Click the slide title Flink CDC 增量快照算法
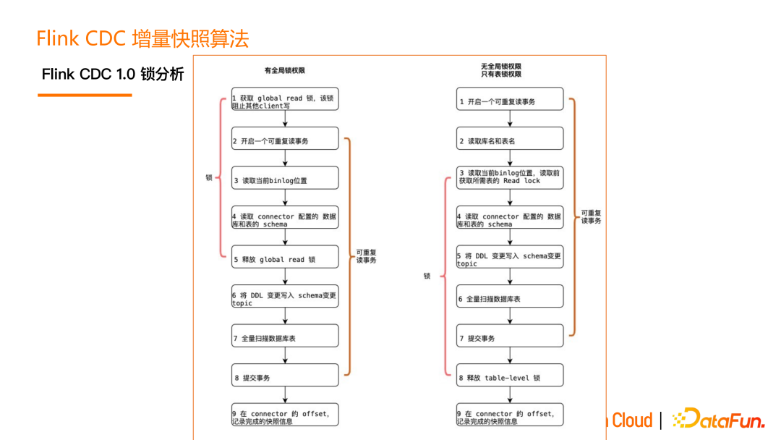(x=142, y=38)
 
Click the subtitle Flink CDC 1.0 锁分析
(x=113, y=74)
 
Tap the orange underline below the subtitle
(x=85, y=95)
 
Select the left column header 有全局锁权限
(x=284, y=70)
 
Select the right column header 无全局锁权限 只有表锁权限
(x=500, y=70)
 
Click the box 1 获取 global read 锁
(x=285, y=101)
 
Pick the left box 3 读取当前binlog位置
(x=285, y=180)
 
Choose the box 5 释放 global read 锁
(x=285, y=259)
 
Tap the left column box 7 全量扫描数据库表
(x=285, y=337)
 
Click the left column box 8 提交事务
(x=285, y=377)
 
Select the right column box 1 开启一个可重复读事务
(x=510, y=101)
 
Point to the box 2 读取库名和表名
(x=510, y=140)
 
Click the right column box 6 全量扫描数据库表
(x=510, y=298)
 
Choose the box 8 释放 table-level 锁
(x=510, y=377)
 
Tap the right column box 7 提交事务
(x=510, y=337)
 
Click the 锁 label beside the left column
(x=209, y=177)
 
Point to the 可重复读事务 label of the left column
(x=366, y=256)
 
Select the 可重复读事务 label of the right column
(x=591, y=216)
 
